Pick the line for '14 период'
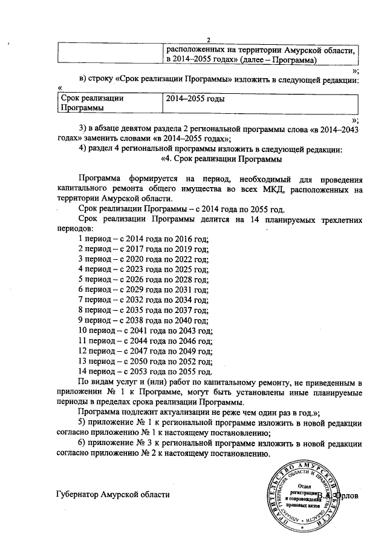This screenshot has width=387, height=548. coord(146,371)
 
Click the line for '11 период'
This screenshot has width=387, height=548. coord(146,342)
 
